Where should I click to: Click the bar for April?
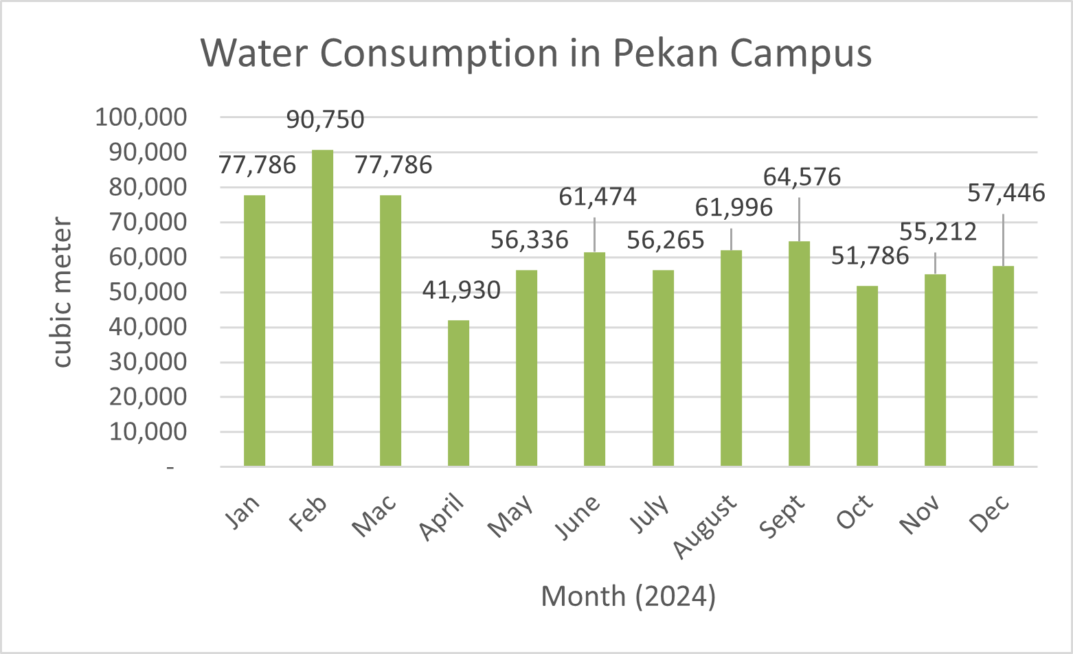tap(458, 393)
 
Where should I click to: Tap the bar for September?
tap(799, 354)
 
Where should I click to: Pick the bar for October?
tap(867, 376)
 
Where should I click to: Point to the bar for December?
tap(1003, 366)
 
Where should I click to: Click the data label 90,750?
tap(325, 120)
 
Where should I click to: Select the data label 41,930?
tap(461, 291)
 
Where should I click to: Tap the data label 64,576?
tap(802, 177)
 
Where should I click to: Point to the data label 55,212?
tap(938, 232)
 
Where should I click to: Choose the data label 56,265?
tap(666, 240)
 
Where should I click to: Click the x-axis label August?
tap(706, 526)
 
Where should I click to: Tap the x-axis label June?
tap(578, 517)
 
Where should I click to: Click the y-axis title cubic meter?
tap(63, 292)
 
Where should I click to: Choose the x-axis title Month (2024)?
tap(628, 596)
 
